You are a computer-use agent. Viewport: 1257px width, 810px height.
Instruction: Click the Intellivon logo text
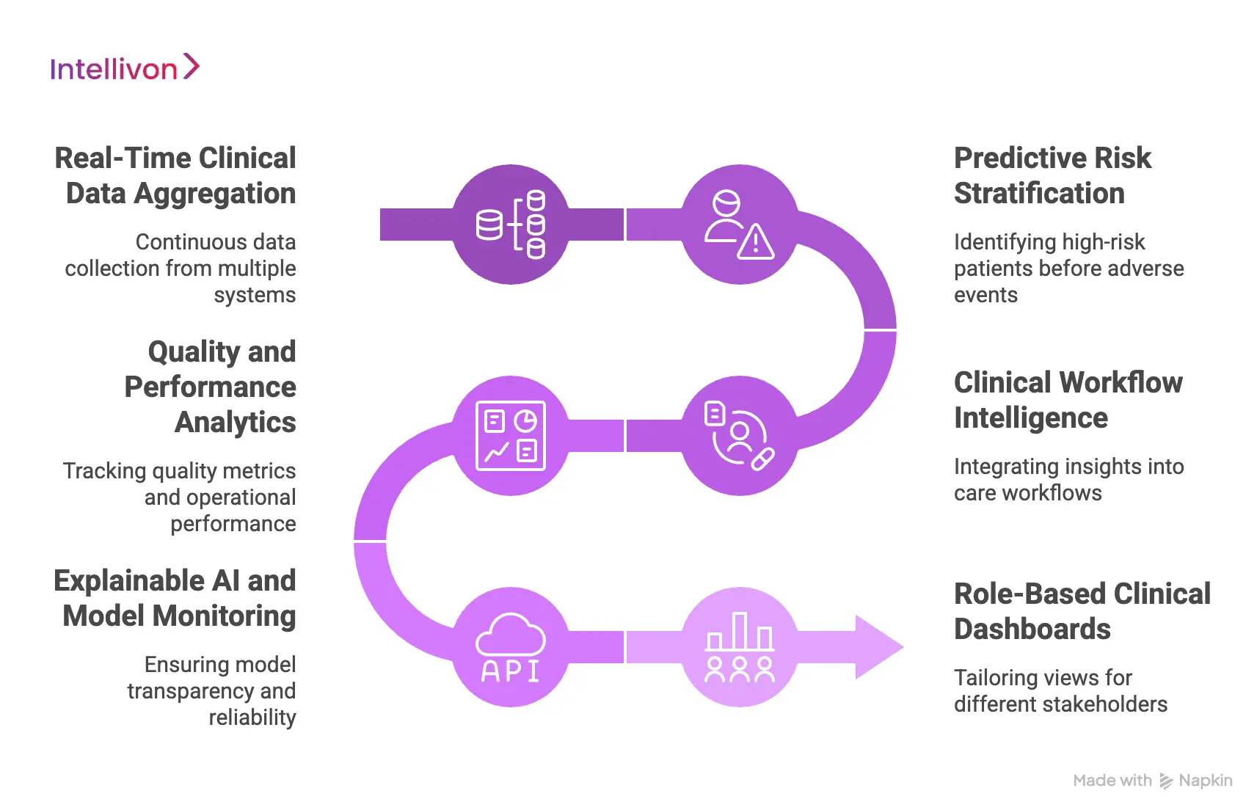[114, 70]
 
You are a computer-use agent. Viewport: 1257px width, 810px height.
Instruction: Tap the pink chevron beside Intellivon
[191, 66]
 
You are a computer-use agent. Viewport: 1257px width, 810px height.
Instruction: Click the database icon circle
[511, 225]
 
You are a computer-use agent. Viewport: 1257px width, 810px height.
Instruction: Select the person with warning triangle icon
[739, 225]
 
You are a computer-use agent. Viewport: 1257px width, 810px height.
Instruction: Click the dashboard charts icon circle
[511, 436]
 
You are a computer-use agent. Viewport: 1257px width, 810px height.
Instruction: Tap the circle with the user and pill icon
[739, 436]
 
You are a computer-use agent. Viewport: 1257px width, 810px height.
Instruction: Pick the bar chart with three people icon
[739, 647]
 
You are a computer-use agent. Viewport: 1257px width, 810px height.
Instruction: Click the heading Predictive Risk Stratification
[1052, 176]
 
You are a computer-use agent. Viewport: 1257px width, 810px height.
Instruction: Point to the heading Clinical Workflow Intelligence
[1068, 400]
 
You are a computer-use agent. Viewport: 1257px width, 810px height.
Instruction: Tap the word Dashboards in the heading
[1032, 630]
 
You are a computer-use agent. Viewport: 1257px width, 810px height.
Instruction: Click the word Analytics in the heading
[236, 423]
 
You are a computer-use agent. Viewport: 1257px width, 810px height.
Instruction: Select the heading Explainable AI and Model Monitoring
[175, 598]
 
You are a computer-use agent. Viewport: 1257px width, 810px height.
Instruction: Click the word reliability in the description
[252, 718]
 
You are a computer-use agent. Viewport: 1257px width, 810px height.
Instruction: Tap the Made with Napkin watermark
[1152, 781]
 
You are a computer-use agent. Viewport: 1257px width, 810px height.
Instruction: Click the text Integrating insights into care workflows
[1068, 480]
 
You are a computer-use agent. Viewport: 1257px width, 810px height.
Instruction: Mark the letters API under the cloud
[511, 671]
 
